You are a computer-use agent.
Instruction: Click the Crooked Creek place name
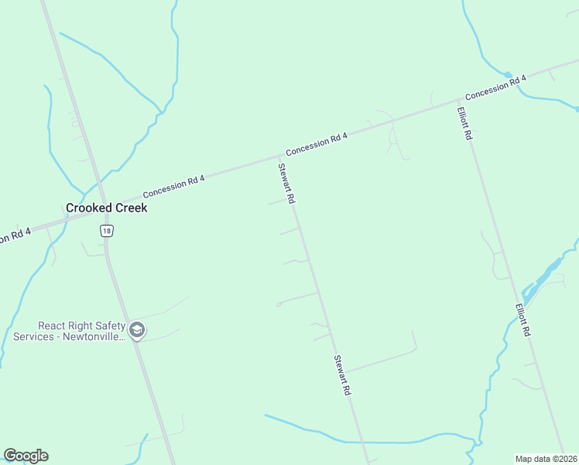click(106, 208)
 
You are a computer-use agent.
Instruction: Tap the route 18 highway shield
click(106, 230)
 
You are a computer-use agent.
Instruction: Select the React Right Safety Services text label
click(68, 331)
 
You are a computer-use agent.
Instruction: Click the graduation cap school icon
click(137, 331)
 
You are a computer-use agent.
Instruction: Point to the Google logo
click(26, 456)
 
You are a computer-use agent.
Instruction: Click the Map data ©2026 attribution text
click(546, 458)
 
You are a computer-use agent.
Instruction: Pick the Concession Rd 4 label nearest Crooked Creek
click(173, 187)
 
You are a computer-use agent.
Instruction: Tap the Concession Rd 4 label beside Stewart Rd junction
click(317, 144)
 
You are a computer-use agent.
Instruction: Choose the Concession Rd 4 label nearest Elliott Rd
click(495, 87)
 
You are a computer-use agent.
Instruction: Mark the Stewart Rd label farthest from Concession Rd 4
click(342, 376)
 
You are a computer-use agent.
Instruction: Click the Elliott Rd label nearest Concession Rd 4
click(464, 122)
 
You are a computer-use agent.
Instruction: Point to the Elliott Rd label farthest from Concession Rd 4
click(522, 319)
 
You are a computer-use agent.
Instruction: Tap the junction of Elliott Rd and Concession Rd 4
click(458, 102)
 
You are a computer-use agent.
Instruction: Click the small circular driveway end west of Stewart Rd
click(278, 305)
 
